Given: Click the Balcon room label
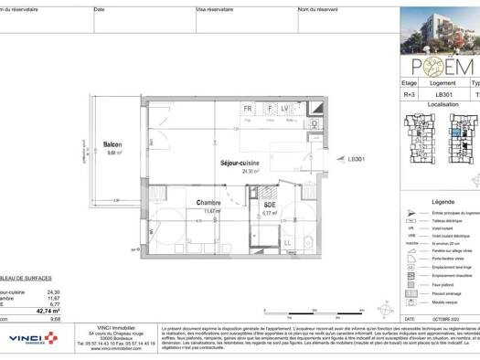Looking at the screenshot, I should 112,145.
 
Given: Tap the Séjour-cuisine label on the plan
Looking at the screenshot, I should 240,163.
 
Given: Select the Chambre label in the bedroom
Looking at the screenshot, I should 211,203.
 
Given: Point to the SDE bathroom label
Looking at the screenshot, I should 270,205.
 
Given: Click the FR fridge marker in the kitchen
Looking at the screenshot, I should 247,108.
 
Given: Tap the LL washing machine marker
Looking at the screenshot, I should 288,242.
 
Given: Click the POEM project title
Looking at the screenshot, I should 441,68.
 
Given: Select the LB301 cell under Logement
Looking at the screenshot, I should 444,94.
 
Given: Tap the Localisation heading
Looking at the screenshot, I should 443,105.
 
